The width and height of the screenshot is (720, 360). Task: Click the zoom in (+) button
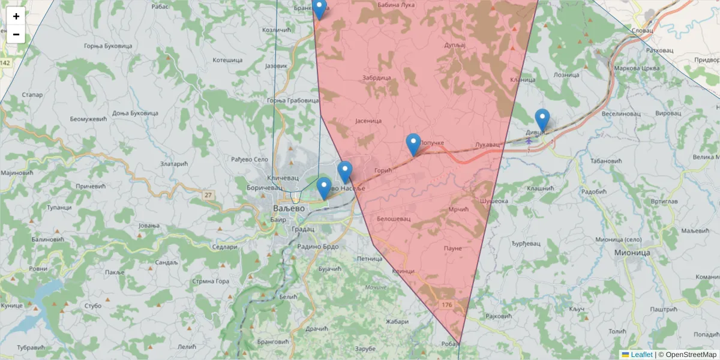(16, 16)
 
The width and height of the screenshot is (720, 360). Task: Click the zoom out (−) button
(16, 34)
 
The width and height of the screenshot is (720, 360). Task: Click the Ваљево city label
(289, 208)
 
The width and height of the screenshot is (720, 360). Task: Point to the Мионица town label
(632, 253)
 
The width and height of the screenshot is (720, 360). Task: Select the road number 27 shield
(208, 195)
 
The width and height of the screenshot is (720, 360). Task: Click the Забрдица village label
(377, 78)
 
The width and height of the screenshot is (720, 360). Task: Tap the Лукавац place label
(487, 145)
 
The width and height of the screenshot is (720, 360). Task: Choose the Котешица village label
(227, 61)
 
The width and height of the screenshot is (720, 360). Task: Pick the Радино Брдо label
(317, 247)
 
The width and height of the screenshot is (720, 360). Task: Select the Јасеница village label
(368, 121)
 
